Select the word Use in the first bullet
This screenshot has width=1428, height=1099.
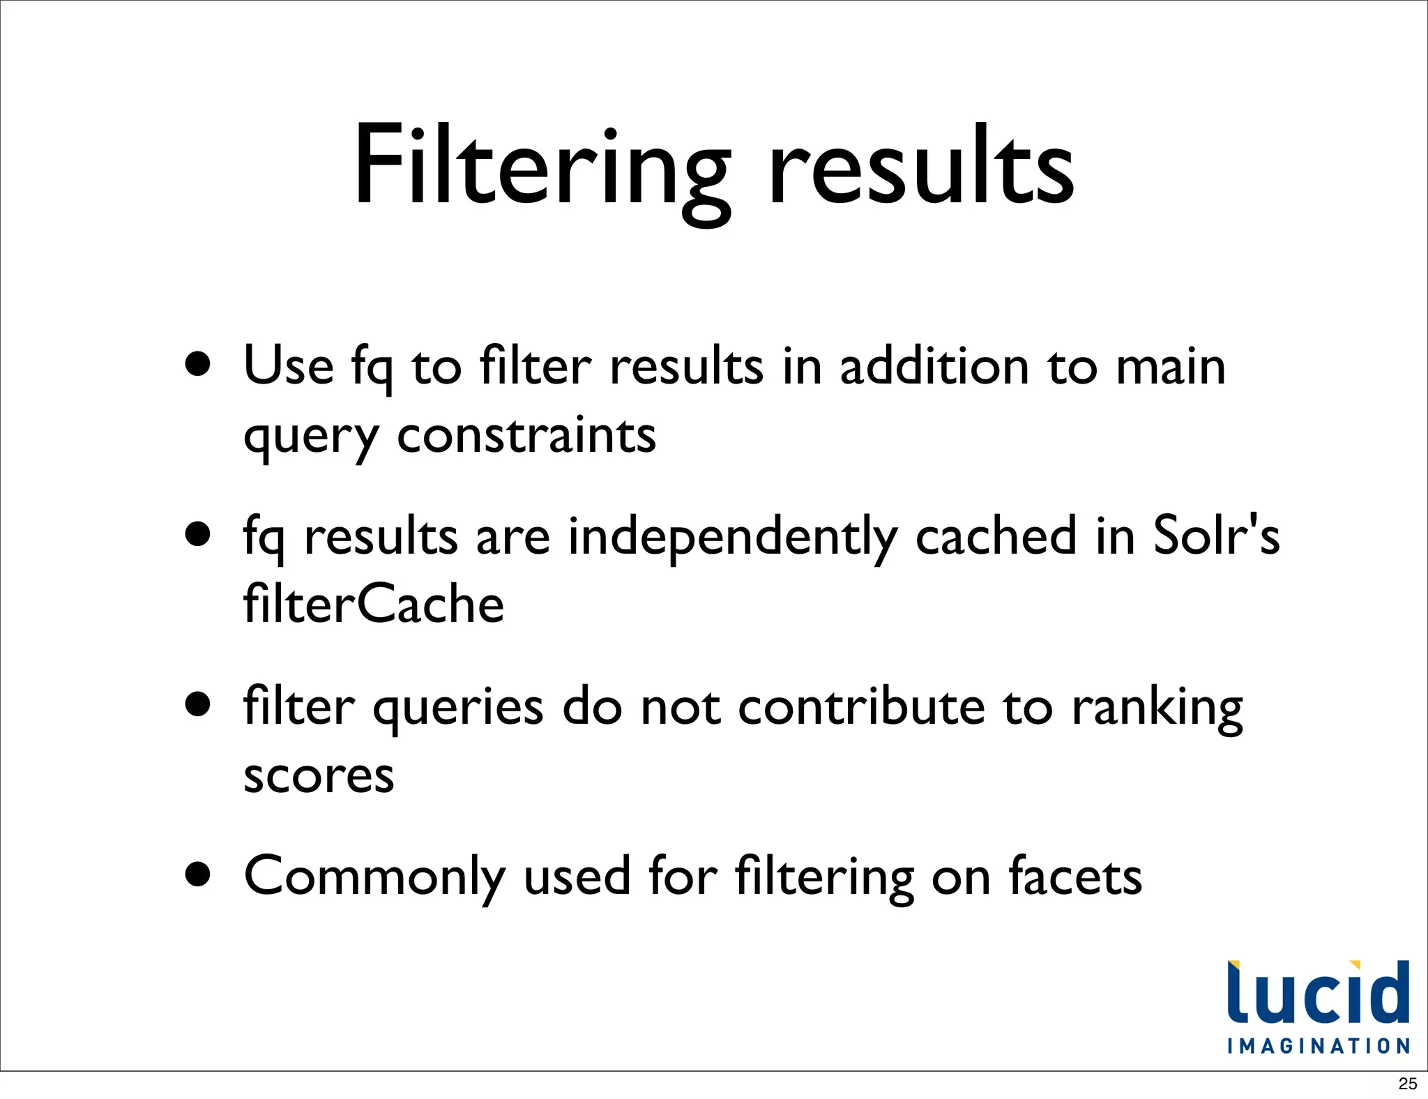(289, 365)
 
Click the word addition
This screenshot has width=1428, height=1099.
(934, 365)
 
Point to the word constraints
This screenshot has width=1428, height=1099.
(526, 436)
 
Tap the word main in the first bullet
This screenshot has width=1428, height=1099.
(1171, 367)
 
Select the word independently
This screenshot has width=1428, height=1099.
(732, 537)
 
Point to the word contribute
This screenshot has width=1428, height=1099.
(861, 706)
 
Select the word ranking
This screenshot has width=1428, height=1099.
(1157, 708)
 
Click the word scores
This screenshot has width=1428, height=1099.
(319, 775)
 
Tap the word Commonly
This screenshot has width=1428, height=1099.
(374, 877)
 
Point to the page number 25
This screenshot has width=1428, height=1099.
(1408, 1084)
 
